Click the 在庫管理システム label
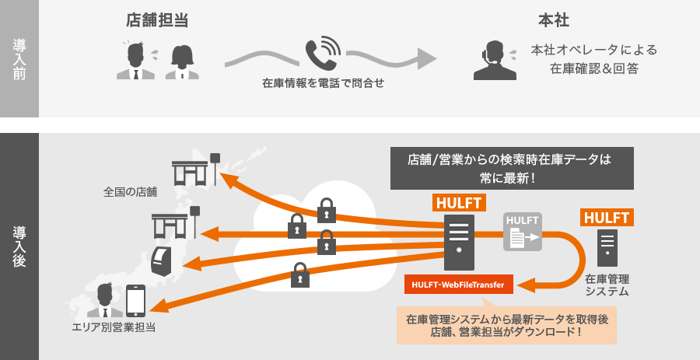(x=607, y=285)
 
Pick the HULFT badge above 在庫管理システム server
(x=607, y=217)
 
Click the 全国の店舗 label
(x=130, y=191)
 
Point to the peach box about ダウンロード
(x=506, y=326)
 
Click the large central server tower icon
(x=458, y=242)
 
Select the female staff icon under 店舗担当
(x=183, y=61)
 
